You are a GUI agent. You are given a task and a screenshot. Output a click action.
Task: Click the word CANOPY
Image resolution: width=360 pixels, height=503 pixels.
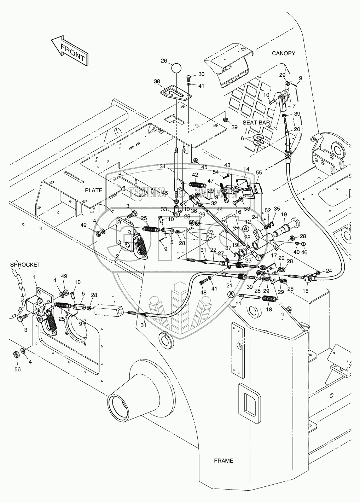click(x=283, y=53)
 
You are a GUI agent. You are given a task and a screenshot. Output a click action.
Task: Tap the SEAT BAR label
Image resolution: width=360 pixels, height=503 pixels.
click(x=256, y=123)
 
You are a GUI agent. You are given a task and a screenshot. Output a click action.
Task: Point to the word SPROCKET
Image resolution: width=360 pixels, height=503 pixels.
click(x=25, y=264)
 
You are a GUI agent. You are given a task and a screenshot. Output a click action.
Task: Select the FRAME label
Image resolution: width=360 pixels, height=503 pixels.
click(x=223, y=461)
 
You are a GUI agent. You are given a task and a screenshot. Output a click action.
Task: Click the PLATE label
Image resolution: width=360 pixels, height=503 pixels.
click(x=93, y=190)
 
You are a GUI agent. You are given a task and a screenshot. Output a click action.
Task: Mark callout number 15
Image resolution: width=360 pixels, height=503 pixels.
click(x=306, y=291)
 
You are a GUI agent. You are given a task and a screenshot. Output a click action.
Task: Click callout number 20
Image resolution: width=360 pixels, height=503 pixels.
click(x=297, y=129)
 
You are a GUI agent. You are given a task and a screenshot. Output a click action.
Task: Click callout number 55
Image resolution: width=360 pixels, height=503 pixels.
click(x=259, y=172)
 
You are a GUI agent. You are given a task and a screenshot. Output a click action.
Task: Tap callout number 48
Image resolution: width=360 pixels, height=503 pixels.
click(x=203, y=293)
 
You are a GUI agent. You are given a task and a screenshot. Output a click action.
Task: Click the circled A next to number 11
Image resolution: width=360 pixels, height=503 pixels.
click(x=231, y=294)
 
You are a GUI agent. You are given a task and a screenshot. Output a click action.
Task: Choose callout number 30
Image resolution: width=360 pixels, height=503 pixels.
click(x=201, y=74)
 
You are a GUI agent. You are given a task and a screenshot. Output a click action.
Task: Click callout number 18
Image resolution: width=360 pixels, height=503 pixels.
click(x=269, y=309)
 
